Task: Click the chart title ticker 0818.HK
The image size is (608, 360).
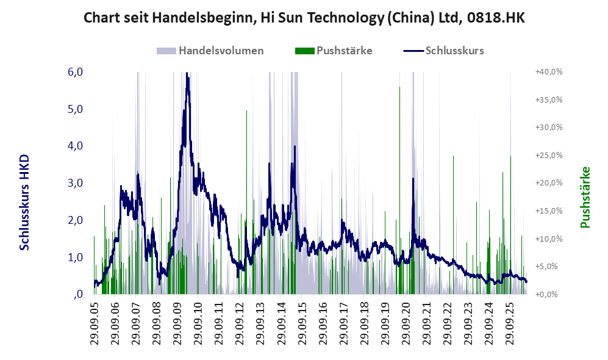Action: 496,18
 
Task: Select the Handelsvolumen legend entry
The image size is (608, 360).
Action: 210,51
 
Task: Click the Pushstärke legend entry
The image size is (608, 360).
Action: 334,51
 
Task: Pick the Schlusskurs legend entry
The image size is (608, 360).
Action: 443,51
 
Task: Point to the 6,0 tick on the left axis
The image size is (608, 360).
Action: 76,72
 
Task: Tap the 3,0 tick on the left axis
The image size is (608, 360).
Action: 76,182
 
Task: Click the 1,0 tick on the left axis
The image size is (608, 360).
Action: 76,257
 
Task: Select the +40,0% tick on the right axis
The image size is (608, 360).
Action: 549,72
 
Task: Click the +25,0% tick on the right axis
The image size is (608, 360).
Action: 549,155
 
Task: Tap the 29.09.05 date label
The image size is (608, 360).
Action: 95,322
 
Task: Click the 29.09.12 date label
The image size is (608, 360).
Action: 239,322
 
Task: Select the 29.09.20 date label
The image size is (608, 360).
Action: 405,322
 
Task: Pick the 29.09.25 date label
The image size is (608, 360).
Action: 509,322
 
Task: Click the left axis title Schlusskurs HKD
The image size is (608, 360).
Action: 24,202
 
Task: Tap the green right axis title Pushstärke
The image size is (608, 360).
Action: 585,197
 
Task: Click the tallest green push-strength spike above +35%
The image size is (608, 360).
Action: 400,190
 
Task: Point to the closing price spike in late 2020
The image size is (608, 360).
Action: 413,179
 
